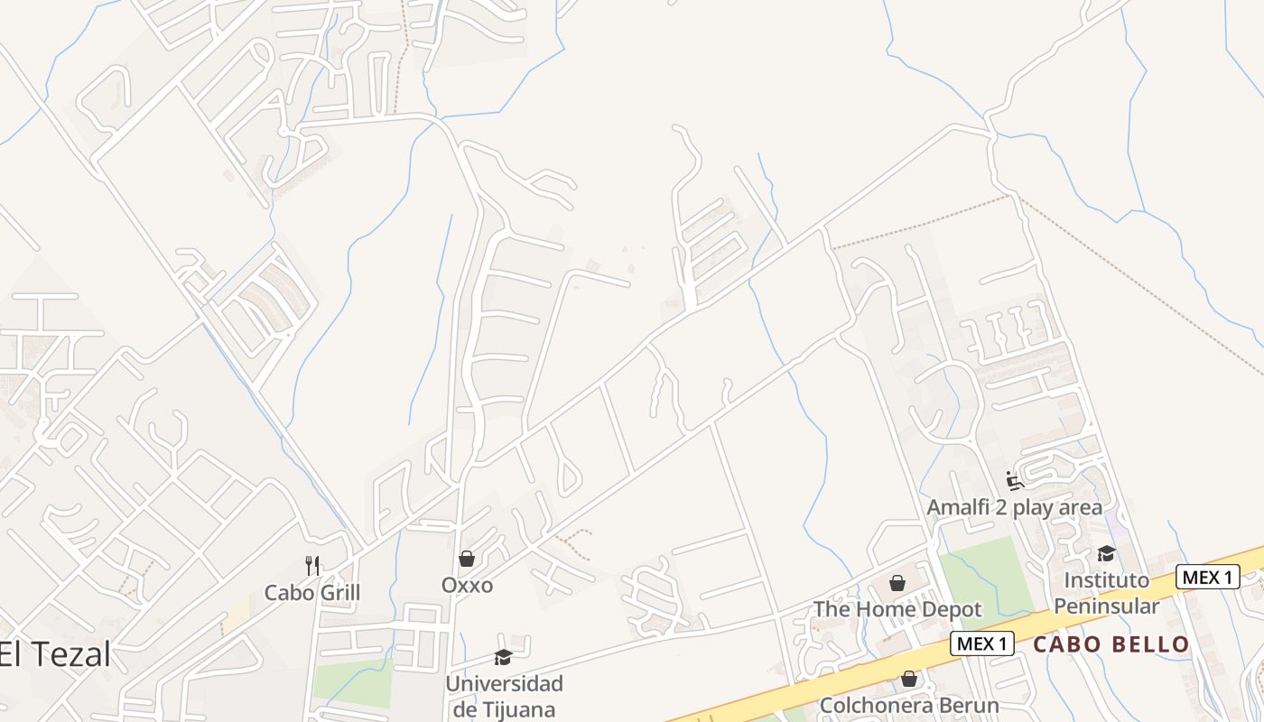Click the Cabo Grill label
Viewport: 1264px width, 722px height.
click(311, 593)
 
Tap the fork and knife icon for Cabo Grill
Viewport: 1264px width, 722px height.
click(312, 566)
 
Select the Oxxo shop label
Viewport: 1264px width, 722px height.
click(467, 586)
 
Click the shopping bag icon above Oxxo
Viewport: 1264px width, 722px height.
click(467, 560)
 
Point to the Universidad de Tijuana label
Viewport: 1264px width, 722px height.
click(504, 696)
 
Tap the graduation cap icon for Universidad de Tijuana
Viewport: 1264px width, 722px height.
click(503, 658)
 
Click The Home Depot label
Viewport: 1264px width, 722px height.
click(897, 609)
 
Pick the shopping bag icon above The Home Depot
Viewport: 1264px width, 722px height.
click(897, 584)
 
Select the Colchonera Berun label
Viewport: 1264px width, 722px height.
click(908, 705)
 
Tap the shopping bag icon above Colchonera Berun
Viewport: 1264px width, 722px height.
click(909, 679)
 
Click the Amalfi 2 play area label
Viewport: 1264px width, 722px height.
click(1014, 507)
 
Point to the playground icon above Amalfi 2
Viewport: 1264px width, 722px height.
click(1015, 481)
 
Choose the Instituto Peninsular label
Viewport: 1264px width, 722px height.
click(1106, 592)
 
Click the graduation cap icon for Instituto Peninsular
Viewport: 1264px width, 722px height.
click(1106, 554)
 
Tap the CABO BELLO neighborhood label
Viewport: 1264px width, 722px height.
click(1111, 644)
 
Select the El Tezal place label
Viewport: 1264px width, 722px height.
click(55, 654)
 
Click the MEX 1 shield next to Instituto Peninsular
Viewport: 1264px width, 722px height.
click(1207, 577)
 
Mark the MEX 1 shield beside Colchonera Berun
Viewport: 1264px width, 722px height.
click(981, 643)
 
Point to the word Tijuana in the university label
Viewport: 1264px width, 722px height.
click(516, 709)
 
